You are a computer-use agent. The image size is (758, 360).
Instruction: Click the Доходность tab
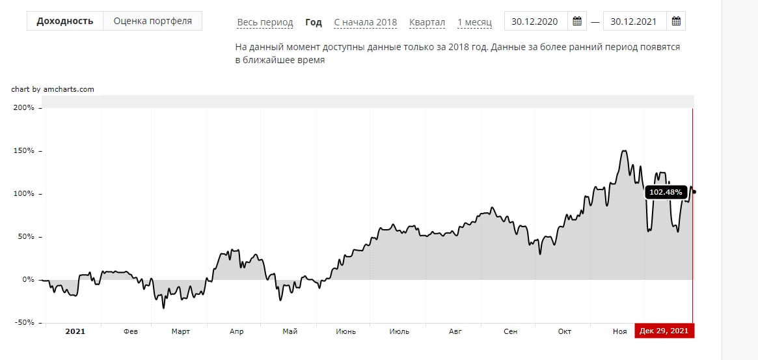pyautogui.click(x=65, y=21)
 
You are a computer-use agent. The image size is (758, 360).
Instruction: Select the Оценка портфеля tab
pyautogui.click(x=152, y=21)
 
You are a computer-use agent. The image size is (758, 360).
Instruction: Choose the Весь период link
pyautogui.click(x=265, y=22)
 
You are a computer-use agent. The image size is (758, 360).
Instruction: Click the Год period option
pyautogui.click(x=314, y=22)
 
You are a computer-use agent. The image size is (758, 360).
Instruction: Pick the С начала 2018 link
pyautogui.click(x=365, y=22)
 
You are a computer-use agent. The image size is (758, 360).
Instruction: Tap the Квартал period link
pyautogui.click(x=427, y=22)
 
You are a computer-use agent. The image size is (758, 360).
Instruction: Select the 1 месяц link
pyautogui.click(x=474, y=22)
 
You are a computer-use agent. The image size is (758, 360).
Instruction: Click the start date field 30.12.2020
pyautogui.click(x=535, y=21)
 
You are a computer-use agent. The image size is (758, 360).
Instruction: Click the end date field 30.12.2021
pyautogui.click(x=634, y=21)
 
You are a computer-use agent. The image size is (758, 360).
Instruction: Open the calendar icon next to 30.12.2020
pyautogui.click(x=576, y=21)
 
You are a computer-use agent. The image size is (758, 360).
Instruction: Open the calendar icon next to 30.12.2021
pyautogui.click(x=676, y=21)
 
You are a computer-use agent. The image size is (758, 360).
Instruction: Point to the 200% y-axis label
pyautogui.click(x=23, y=108)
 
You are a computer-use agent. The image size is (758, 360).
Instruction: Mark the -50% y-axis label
pyautogui.click(x=23, y=322)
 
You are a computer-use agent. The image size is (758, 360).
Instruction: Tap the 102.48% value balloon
pyautogui.click(x=666, y=192)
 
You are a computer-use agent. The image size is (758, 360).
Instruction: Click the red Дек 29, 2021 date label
pyautogui.click(x=664, y=331)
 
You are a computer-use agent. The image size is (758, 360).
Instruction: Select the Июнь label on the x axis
pyautogui.click(x=345, y=331)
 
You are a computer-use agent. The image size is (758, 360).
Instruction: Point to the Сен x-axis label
pyautogui.click(x=511, y=331)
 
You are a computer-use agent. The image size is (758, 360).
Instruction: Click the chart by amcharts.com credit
pyautogui.click(x=53, y=89)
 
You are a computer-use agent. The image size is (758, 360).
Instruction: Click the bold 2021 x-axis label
pyautogui.click(x=75, y=331)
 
